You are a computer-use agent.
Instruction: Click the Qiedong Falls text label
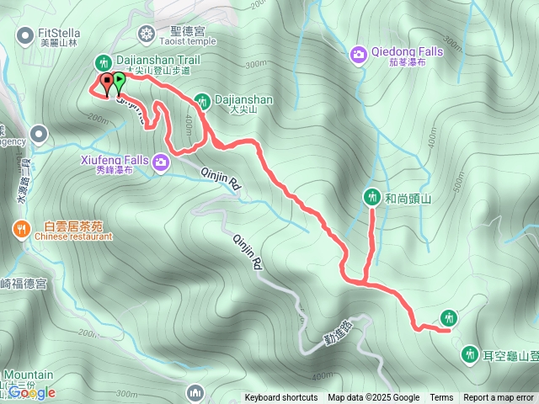coord(408,51)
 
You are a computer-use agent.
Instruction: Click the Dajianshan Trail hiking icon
coord(104,62)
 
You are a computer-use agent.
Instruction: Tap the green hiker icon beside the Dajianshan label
coord(202,101)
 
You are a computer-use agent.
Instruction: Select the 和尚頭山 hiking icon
coord(372,197)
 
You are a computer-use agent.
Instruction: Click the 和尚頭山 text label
coord(408,199)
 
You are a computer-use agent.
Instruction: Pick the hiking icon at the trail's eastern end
coord(448,317)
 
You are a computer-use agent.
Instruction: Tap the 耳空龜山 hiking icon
coord(469,355)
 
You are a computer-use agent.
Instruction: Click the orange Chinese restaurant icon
coord(20,228)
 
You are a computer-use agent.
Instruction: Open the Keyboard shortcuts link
coord(281,398)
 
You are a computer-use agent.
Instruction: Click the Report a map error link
coord(499,398)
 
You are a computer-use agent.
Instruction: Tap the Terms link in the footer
coord(441,398)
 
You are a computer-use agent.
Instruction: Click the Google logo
coord(32,392)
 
